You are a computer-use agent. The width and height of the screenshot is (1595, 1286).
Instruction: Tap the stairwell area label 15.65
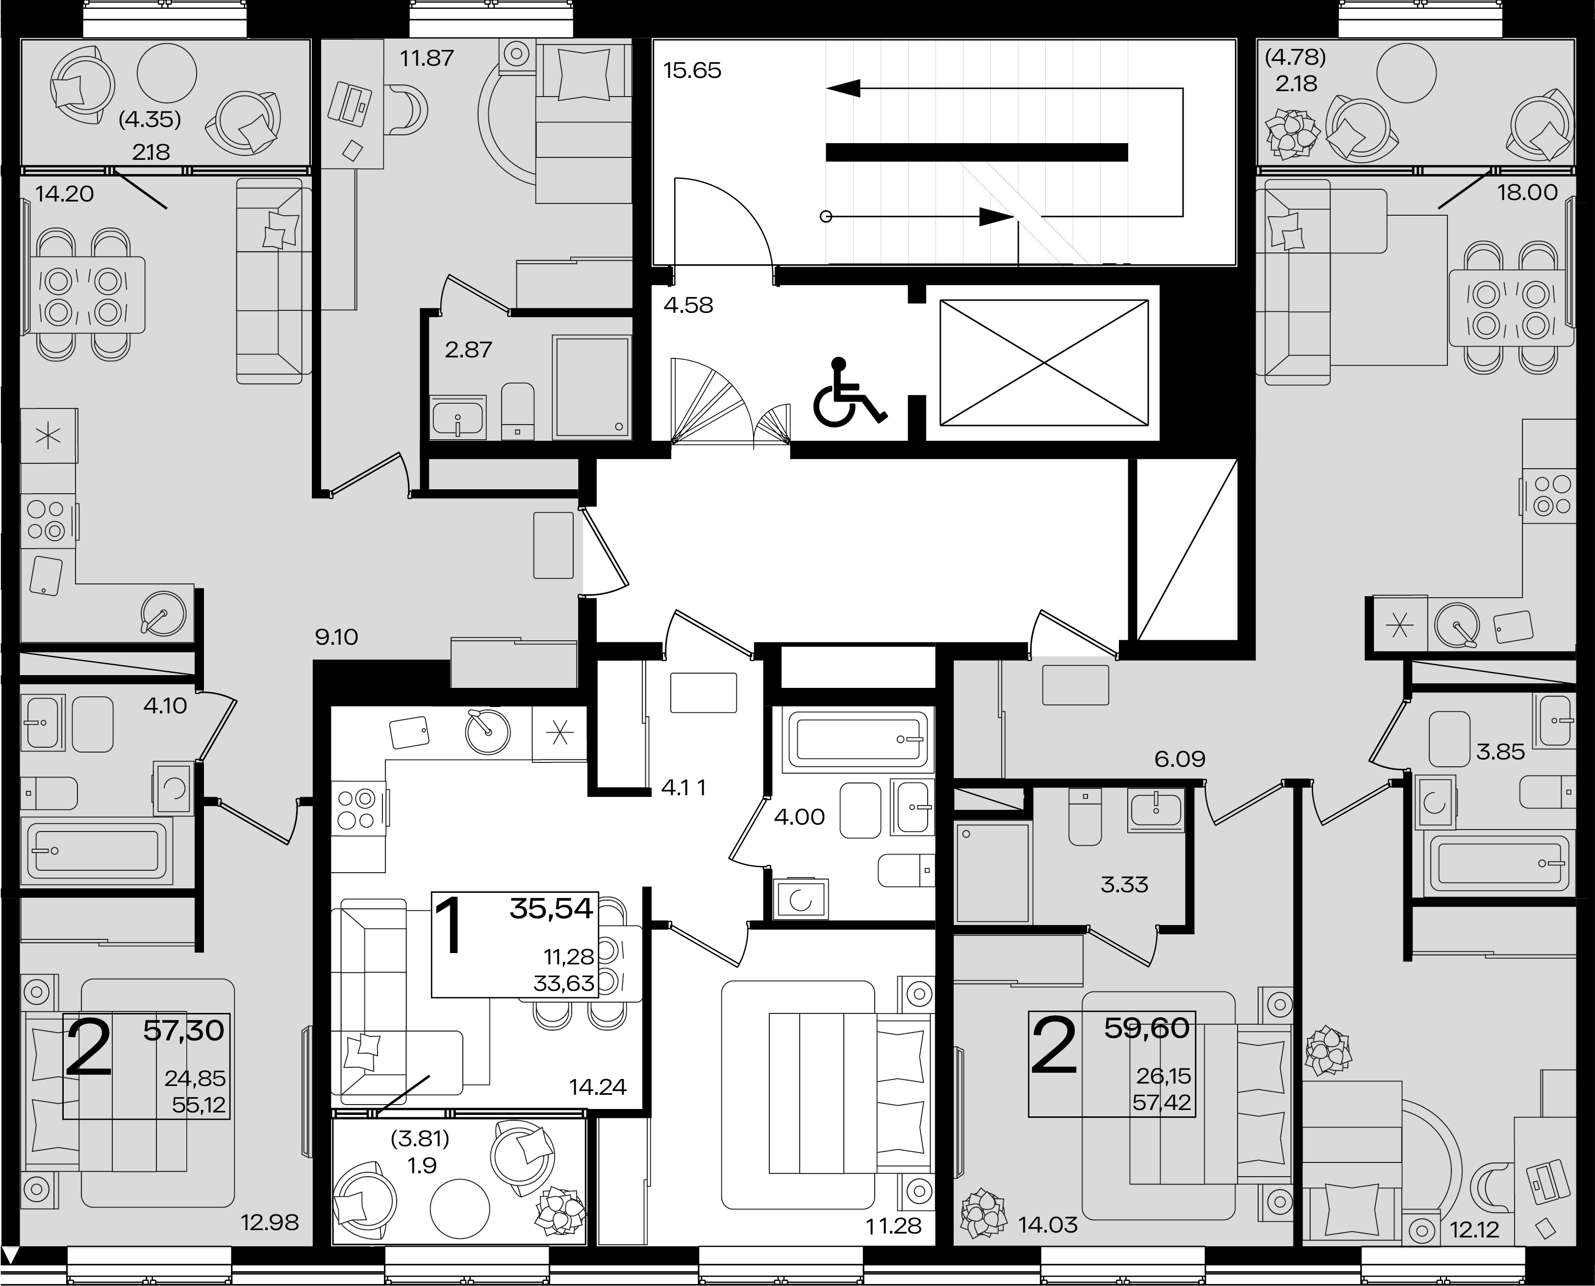692,71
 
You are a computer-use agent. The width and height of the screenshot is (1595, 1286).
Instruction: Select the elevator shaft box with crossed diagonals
1044,362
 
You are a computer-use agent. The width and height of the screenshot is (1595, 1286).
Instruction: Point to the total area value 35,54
552,909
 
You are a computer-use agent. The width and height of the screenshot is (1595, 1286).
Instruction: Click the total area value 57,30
184,1031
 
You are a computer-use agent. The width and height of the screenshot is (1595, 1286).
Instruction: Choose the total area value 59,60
1147,1028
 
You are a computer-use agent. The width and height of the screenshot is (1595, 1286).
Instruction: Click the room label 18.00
1528,193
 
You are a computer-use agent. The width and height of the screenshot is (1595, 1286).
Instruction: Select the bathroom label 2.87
468,350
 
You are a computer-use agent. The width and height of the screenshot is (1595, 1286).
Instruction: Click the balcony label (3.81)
420,1138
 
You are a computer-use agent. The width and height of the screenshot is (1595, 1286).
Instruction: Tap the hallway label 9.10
336,637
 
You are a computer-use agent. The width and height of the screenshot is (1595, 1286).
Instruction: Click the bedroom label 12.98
270,1222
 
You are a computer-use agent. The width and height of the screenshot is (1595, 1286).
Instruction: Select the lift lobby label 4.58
688,305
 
